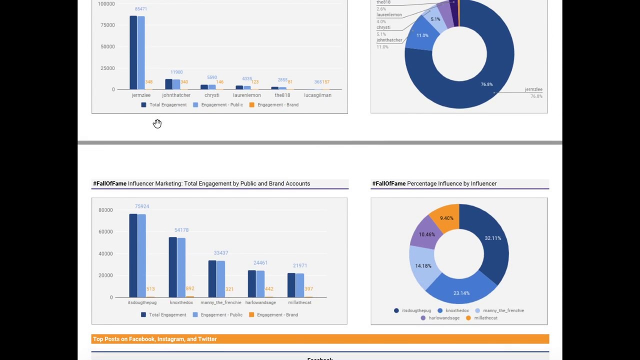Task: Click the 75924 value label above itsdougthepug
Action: coord(141,206)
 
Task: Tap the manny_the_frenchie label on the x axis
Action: coord(220,302)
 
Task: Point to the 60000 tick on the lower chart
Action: coord(105,231)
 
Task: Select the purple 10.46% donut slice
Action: coord(426,233)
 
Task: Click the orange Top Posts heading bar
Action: coord(320,339)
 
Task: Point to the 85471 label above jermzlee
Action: coord(140,9)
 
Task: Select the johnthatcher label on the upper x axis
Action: coord(176,95)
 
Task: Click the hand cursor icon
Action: coord(157,123)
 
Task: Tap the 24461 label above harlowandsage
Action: coord(260,262)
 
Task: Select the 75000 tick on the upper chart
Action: coord(107,25)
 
